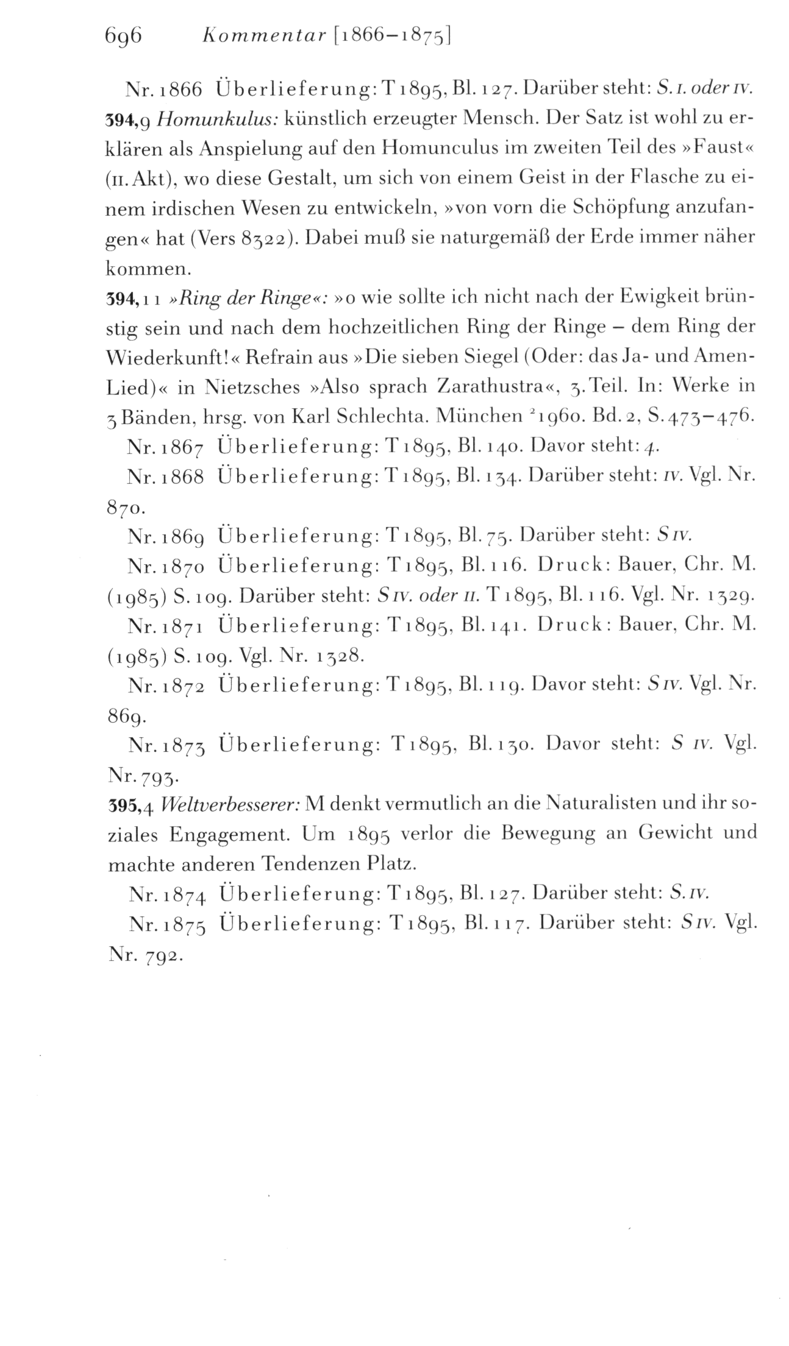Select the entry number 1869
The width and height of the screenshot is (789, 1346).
183,536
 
